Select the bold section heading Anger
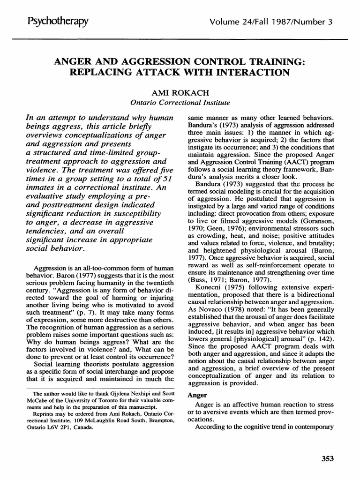coord(195,395)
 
